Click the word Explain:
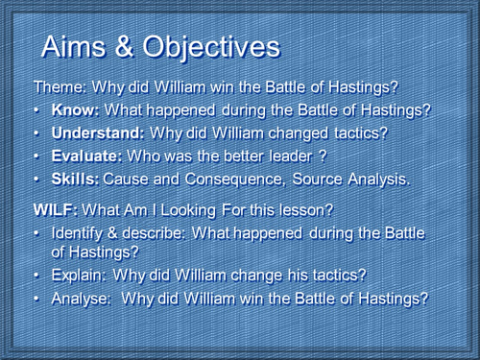[x=78, y=276]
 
